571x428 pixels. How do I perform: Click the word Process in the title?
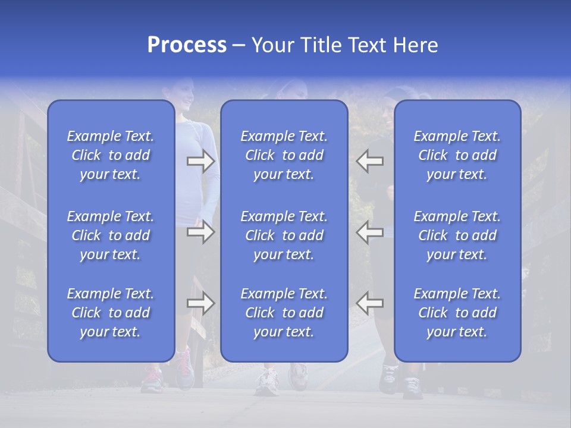click(187, 45)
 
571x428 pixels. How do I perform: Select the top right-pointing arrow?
click(201, 161)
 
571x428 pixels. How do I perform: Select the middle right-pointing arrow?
click(201, 232)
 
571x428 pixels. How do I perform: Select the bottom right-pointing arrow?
click(201, 303)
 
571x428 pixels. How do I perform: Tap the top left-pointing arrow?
click(369, 161)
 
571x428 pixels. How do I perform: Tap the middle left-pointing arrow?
click(369, 232)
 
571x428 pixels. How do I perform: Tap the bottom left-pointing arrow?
click(369, 303)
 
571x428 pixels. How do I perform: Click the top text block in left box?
click(111, 155)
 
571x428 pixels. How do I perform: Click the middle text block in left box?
click(111, 235)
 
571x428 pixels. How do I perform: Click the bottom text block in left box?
click(111, 313)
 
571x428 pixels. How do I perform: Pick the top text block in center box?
click(284, 155)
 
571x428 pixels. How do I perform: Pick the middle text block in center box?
click(284, 235)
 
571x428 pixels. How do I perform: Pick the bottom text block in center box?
click(284, 313)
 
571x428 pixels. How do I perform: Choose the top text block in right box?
click(457, 155)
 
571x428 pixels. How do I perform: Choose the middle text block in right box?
click(457, 235)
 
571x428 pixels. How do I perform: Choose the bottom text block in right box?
click(457, 313)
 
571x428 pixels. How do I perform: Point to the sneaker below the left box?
click(152, 378)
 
